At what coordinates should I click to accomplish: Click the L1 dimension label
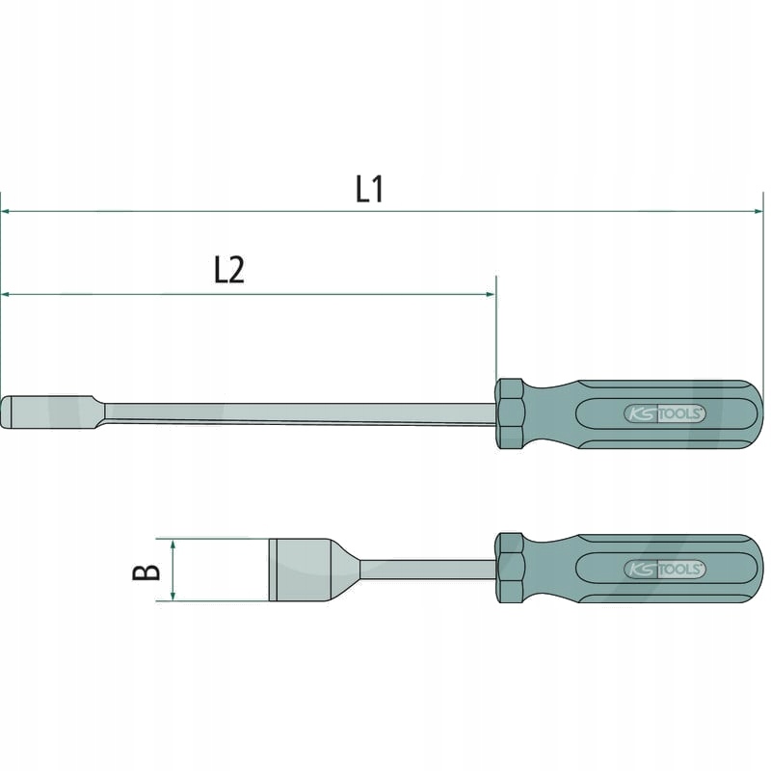tap(370, 188)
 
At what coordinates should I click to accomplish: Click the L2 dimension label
tap(228, 271)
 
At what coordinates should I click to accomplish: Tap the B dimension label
tap(146, 572)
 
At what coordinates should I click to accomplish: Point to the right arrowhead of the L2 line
tap(491, 293)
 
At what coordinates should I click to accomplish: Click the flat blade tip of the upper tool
tap(34, 412)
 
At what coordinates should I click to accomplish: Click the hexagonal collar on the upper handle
tap(510, 414)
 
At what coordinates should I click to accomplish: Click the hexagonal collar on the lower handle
tap(510, 569)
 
